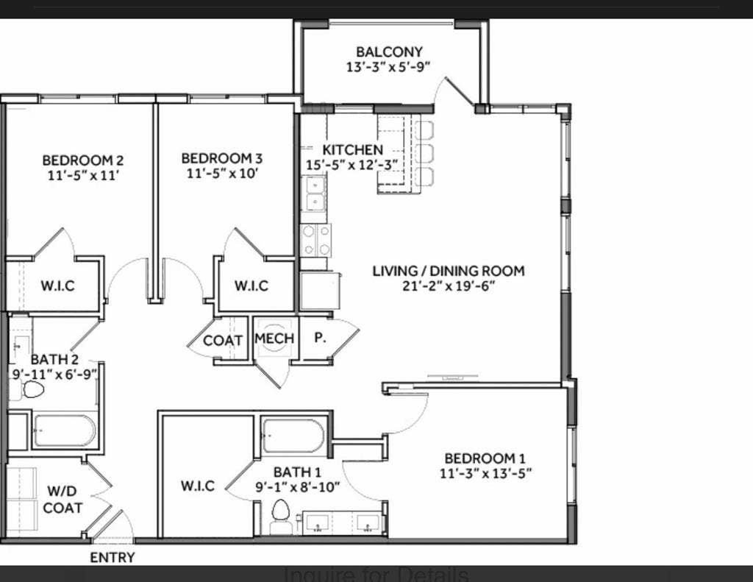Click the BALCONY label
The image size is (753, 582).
coord(389,52)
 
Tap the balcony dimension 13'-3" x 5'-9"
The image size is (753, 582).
coord(388,66)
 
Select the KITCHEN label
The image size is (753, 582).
coord(352,150)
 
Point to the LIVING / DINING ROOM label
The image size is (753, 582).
coord(449,271)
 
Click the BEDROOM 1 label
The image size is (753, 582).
coord(485,458)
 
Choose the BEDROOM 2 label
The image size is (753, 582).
coord(82,160)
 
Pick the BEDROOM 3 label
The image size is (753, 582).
coord(221,158)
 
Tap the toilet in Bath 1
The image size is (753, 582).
coord(280,513)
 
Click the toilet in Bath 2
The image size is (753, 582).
coord(32,389)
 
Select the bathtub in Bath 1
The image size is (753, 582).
coord(293,436)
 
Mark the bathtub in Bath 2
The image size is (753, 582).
coord(64,431)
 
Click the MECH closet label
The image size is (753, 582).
coord(274,338)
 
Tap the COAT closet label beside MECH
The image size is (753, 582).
coord(223,341)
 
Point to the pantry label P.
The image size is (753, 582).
coord(321,338)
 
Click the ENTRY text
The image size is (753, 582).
coord(113,558)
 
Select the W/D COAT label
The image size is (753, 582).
coord(63,500)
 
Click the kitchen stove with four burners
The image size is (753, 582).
coord(316,239)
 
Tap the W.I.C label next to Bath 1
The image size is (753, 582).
coord(198,486)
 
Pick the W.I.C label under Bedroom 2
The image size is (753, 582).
coord(57,285)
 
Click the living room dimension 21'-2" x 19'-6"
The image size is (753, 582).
coord(449,285)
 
